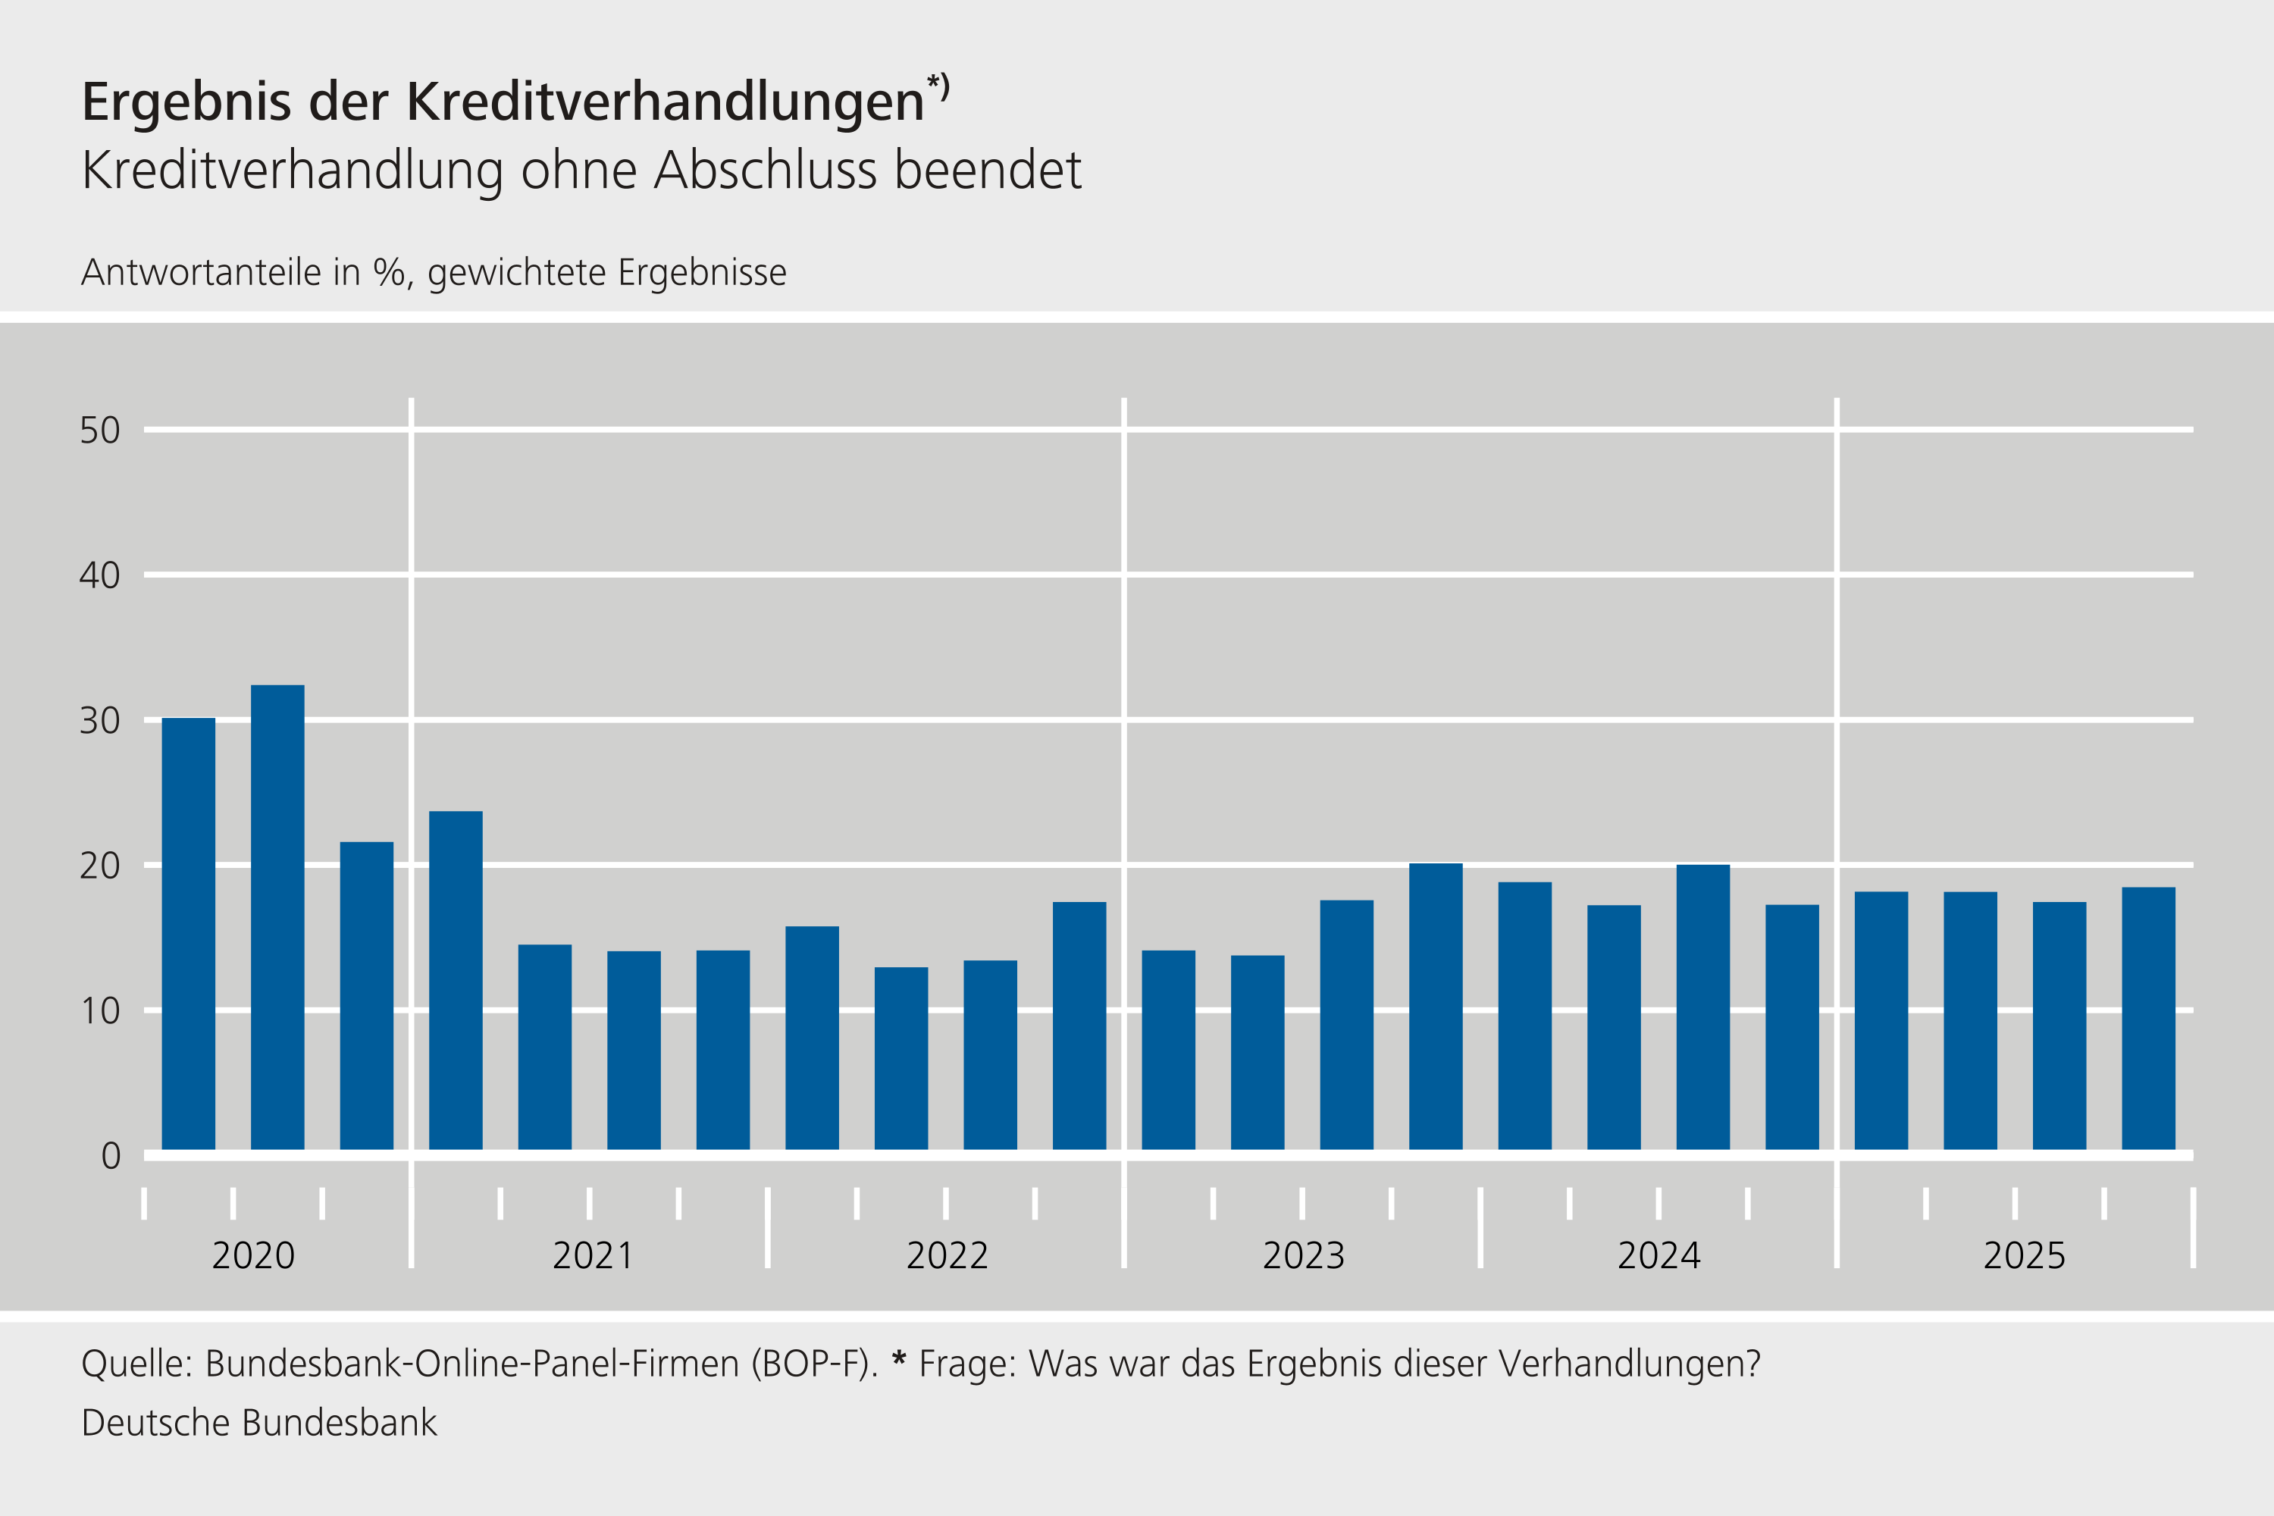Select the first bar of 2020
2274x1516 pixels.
189,933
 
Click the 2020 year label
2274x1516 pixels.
253,1256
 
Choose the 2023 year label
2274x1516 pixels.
1303,1256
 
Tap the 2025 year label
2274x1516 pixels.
2025,1256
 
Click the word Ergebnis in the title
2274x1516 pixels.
186,102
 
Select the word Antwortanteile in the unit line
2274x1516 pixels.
201,273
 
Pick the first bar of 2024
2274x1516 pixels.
1524,1015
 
